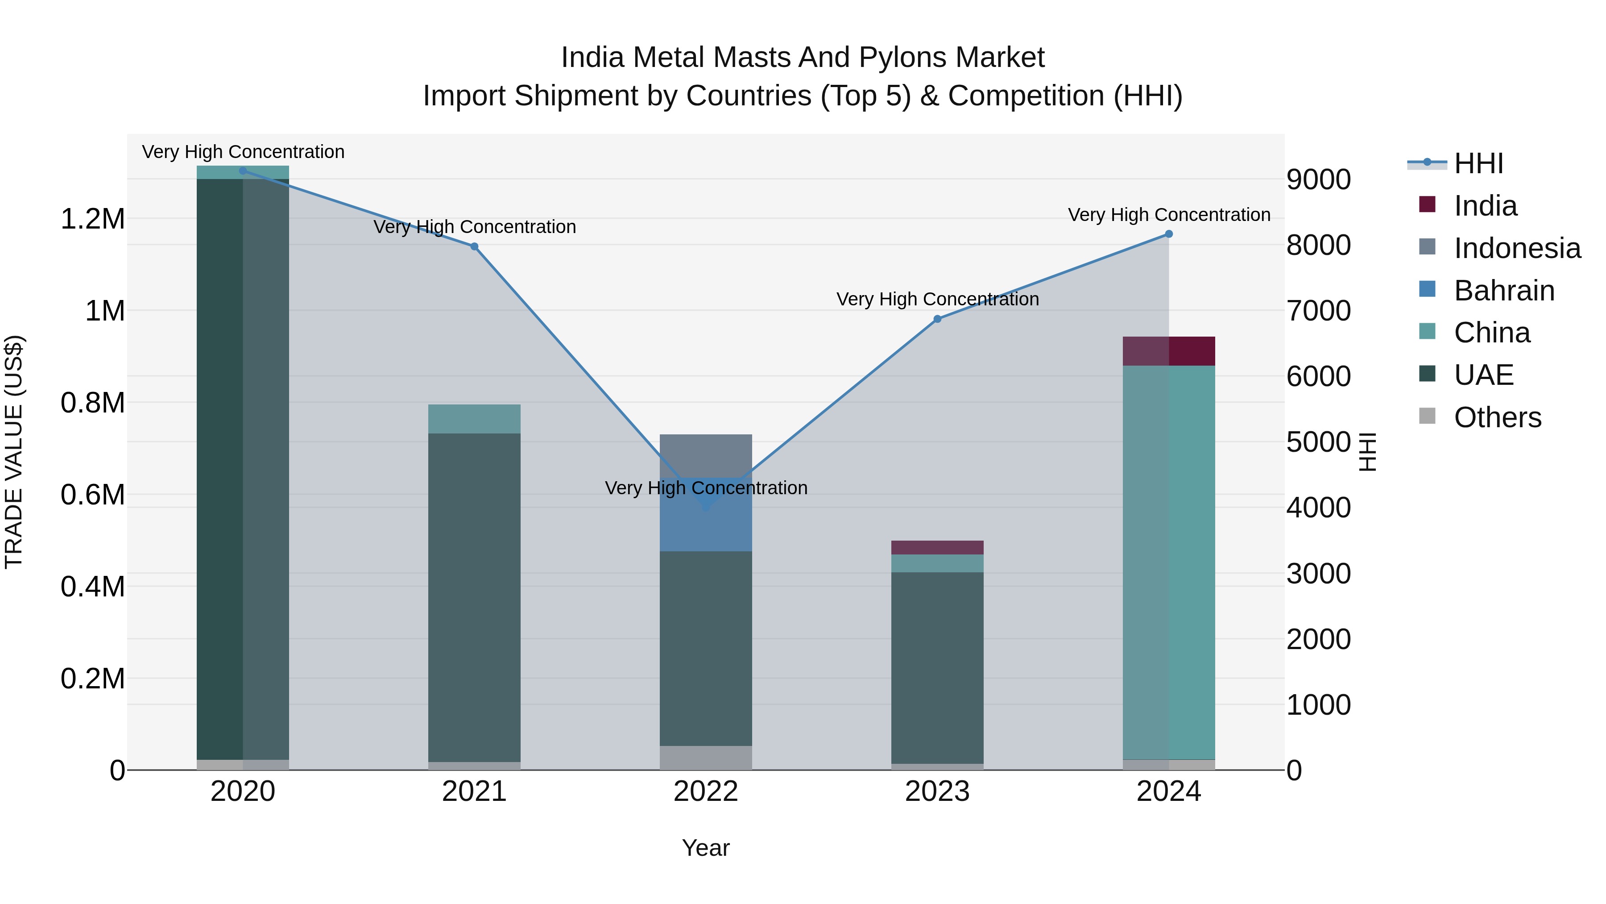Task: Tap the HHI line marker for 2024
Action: click(1168, 234)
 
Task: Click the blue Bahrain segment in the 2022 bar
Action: click(706, 524)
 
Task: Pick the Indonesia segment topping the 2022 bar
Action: click(706, 455)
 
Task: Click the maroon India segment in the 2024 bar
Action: click(1168, 350)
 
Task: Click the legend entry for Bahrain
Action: click(1504, 291)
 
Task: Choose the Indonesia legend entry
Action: click(1516, 248)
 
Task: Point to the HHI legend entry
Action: click(1478, 163)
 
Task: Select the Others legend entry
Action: click(1496, 417)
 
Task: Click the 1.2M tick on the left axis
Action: click(92, 219)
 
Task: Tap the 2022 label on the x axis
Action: click(706, 792)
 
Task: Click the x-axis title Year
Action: click(706, 848)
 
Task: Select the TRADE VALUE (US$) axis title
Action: click(14, 452)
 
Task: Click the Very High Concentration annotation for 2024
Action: click(1168, 215)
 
